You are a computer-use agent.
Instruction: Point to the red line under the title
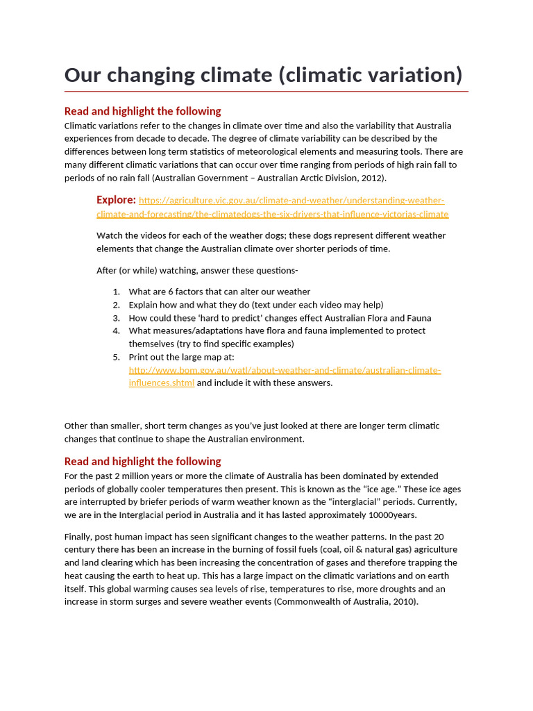(266, 91)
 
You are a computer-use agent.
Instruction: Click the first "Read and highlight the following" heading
(142, 111)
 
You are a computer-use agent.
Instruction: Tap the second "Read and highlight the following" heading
(142, 461)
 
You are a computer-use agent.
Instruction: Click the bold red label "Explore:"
(116, 200)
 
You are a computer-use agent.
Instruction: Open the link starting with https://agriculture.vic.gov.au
(291, 201)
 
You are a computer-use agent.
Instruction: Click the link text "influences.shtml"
(161, 383)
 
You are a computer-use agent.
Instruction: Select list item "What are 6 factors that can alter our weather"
(219, 292)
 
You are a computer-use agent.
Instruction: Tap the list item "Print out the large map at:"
(182, 357)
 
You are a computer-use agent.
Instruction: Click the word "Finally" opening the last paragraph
(79, 537)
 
